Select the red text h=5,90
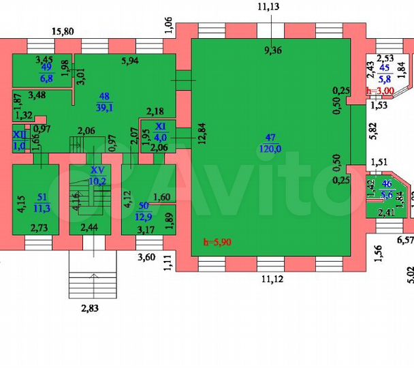coord(217,241)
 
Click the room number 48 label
coord(104,96)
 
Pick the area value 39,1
coord(104,107)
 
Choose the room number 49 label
coord(46,67)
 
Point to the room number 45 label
coord(385,67)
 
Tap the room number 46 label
coord(386,184)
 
